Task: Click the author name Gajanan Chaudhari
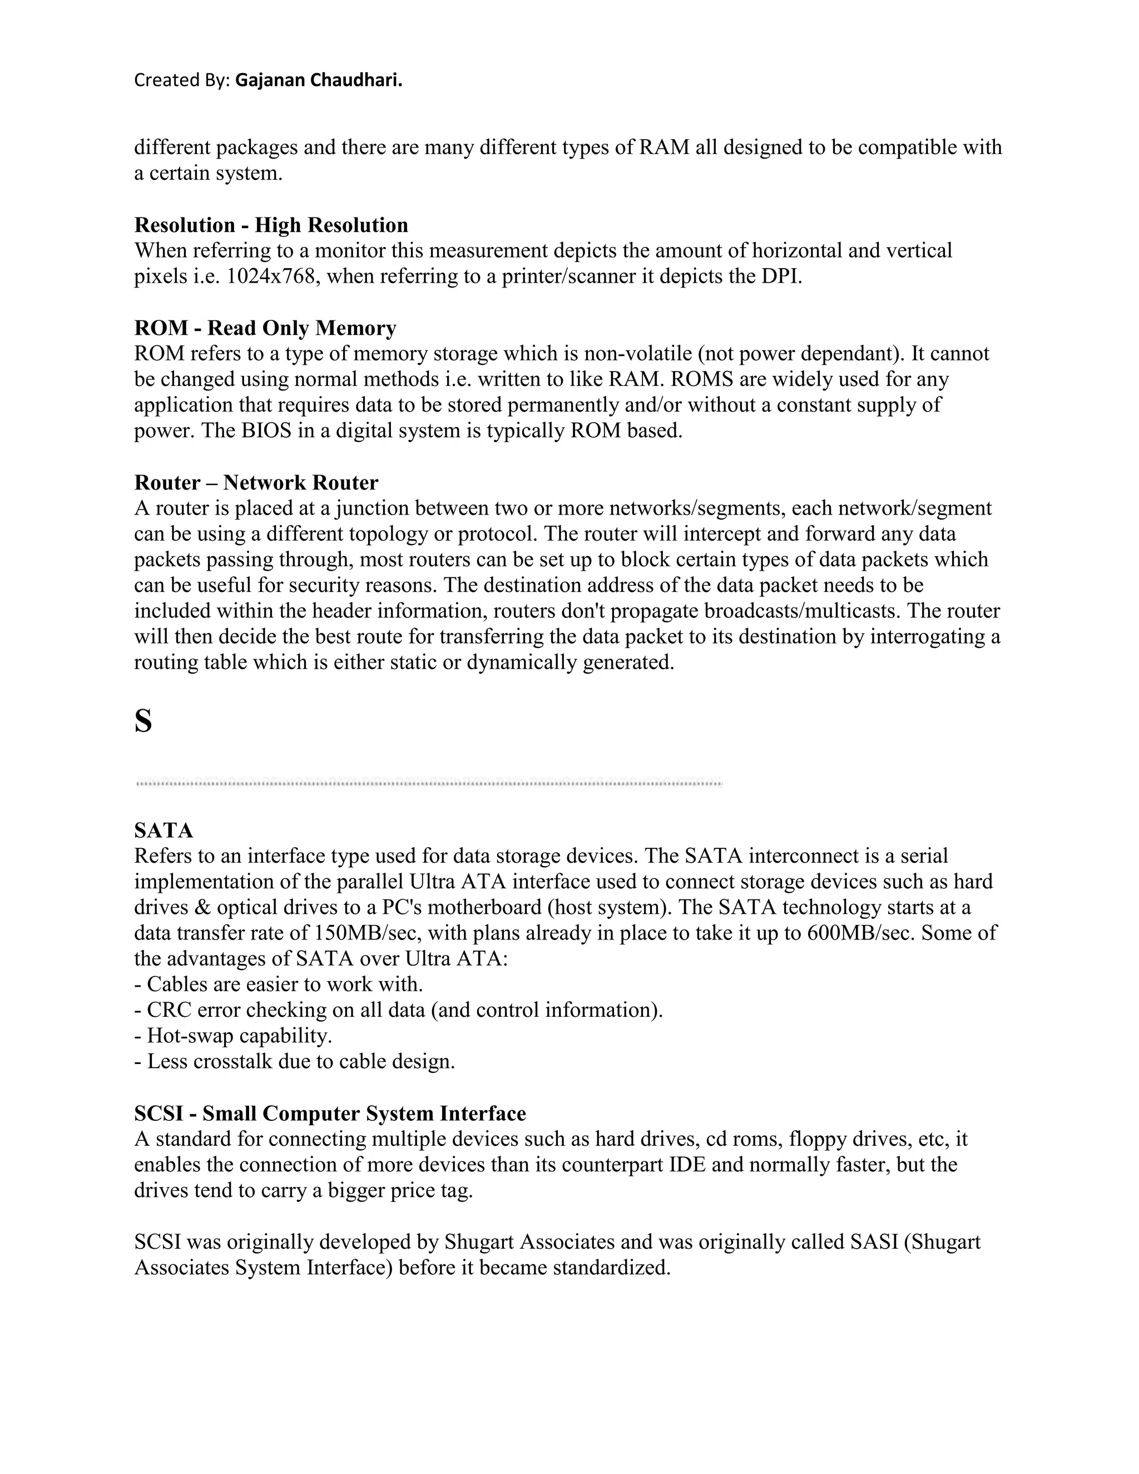tap(319, 80)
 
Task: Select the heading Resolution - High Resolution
tap(271, 225)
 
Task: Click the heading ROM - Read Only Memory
tap(265, 328)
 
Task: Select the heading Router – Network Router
tap(256, 483)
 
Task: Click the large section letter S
tap(143, 721)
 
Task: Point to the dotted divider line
tap(429, 783)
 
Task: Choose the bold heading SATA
tap(164, 830)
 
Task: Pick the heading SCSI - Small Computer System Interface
tap(330, 1114)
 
